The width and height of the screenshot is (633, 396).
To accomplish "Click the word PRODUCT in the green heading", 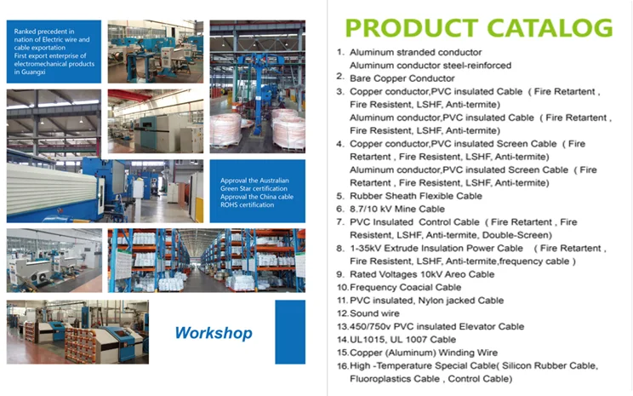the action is [x=412, y=28].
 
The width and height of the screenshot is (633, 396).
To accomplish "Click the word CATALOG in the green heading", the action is [x=550, y=28].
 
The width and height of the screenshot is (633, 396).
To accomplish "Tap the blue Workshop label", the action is [x=214, y=333].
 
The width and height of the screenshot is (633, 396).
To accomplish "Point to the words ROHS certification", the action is [x=247, y=205].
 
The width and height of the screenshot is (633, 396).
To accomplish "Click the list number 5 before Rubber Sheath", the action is [x=340, y=196].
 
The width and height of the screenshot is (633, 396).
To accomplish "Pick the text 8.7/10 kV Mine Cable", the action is [x=397, y=209].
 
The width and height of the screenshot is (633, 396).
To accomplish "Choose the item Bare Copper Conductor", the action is [x=402, y=78].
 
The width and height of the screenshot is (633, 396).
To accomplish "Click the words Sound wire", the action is [x=374, y=313].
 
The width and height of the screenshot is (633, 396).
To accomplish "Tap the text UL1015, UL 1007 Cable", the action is [x=403, y=340].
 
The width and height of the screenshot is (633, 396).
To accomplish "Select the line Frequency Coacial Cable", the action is [x=405, y=287].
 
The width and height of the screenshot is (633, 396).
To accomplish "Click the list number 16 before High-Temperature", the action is [x=342, y=366].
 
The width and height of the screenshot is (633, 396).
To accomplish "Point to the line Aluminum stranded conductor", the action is [x=415, y=53].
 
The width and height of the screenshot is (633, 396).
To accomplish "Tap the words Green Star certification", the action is [x=254, y=189].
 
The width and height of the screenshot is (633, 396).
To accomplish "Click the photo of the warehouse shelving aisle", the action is [x=207, y=261].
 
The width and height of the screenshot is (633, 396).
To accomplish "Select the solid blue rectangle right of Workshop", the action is [x=290, y=332].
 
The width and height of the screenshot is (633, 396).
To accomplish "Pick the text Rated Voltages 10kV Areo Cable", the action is [x=422, y=274].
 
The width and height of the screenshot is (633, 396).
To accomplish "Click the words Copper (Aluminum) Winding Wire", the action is [x=424, y=353].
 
